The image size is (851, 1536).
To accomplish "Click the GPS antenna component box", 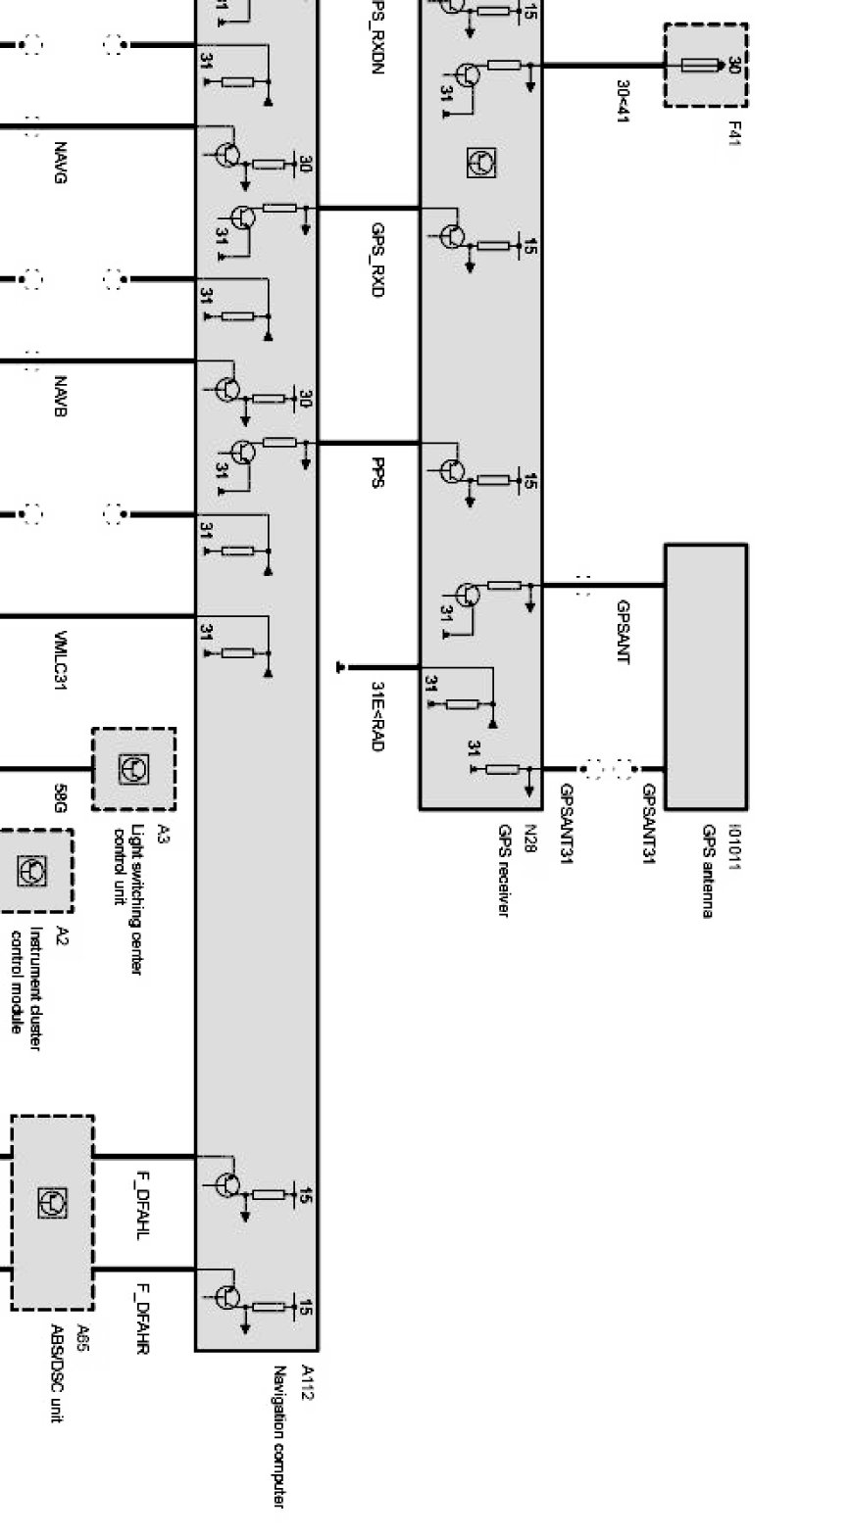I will click(x=706, y=676).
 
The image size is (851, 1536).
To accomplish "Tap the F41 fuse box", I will click(x=706, y=66).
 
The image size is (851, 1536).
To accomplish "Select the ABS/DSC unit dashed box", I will click(x=53, y=1212).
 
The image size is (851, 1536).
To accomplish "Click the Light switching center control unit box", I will click(x=134, y=769).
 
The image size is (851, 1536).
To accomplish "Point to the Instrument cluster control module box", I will click(x=35, y=870).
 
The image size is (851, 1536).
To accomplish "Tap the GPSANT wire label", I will click(x=623, y=632).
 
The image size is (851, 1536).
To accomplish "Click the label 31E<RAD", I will click(x=377, y=716).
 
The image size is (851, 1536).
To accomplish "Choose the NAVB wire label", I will click(x=60, y=396).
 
